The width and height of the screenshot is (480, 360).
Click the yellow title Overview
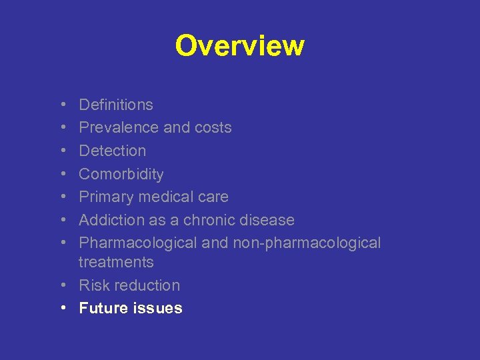click(239, 46)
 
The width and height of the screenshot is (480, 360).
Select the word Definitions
click(116, 105)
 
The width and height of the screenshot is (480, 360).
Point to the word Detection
click(112, 151)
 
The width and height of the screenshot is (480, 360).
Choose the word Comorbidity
click(121, 174)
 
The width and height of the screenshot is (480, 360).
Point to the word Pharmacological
click(137, 243)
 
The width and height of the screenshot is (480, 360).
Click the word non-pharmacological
click(306, 243)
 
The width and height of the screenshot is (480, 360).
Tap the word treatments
click(116, 262)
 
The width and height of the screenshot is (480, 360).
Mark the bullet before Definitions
click(61, 105)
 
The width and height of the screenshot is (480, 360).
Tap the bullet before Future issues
click(61, 309)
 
